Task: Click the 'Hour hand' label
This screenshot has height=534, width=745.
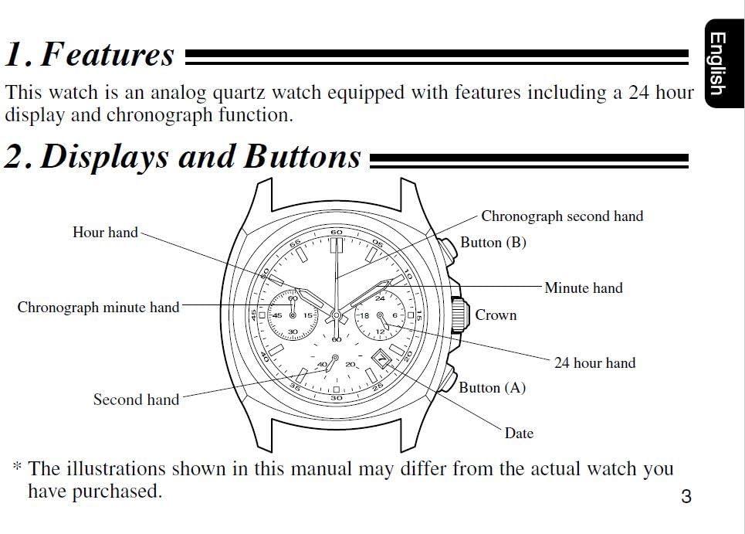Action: tap(105, 232)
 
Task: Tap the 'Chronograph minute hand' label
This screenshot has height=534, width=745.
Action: tap(98, 308)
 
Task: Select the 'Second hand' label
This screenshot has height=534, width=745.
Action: tap(136, 400)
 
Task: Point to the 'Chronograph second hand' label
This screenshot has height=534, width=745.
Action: tap(562, 216)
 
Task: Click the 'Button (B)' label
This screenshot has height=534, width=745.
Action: tap(493, 243)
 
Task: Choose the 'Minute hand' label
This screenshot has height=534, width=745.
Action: tap(583, 288)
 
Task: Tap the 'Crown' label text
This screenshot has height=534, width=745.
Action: tap(496, 315)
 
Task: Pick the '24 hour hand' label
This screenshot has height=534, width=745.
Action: tap(594, 362)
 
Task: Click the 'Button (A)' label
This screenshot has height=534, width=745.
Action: tap(492, 388)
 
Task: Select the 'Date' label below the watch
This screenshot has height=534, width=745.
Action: tap(519, 434)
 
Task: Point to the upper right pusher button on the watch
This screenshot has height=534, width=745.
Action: tap(446, 251)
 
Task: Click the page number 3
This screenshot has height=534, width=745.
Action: tap(686, 496)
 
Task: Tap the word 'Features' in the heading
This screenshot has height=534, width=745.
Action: tap(107, 55)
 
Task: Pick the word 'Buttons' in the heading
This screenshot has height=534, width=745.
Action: tap(303, 157)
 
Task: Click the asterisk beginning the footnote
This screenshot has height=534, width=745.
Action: tap(16, 468)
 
